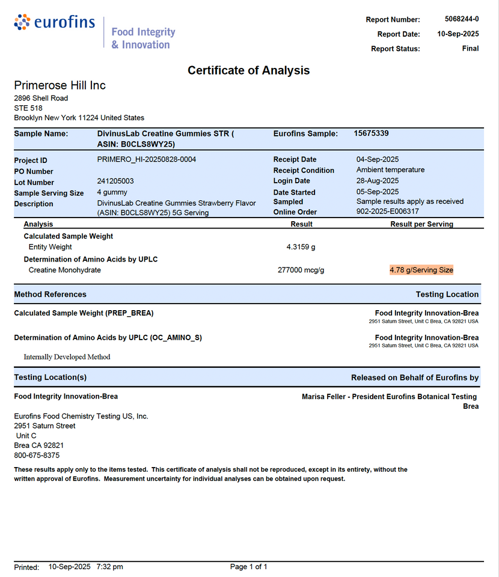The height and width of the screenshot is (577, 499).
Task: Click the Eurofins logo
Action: point(55,23)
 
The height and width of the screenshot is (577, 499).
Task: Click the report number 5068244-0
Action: point(462,19)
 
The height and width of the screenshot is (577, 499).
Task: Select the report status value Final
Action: point(470,48)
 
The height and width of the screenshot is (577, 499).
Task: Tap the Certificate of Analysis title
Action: point(248,70)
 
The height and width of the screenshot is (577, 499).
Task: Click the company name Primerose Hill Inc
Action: point(60,85)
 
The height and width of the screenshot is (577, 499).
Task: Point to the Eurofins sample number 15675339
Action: point(371,133)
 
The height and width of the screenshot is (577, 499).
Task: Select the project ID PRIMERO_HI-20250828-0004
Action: point(146,159)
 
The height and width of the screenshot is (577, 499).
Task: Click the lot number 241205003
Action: point(115,181)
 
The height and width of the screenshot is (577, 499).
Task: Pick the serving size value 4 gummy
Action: point(112,192)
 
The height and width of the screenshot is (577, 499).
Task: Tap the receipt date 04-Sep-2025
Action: point(378,159)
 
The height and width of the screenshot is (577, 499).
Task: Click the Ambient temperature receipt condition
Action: point(390,170)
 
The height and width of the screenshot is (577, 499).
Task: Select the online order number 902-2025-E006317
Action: point(387,212)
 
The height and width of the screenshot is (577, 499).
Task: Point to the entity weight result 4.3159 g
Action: point(301,247)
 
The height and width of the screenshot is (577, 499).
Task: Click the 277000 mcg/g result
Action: point(301,270)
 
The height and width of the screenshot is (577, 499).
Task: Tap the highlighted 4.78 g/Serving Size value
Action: point(421,270)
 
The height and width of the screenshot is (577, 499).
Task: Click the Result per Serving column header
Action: point(421,224)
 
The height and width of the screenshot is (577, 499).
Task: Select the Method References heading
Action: point(50,295)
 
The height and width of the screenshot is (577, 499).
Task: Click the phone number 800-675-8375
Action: point(37,456)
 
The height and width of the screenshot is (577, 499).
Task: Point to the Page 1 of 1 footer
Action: point(248,567)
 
